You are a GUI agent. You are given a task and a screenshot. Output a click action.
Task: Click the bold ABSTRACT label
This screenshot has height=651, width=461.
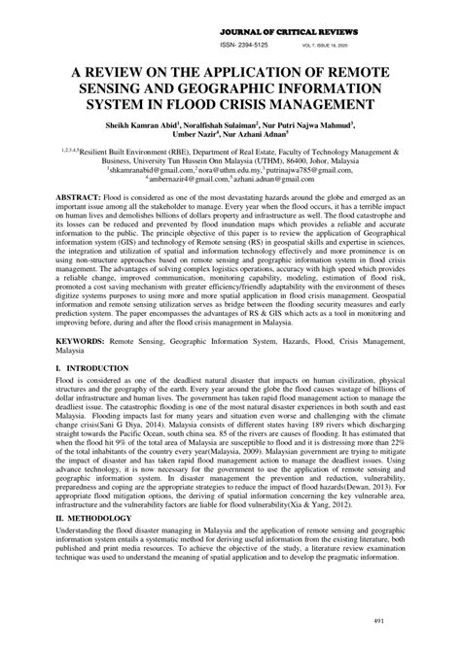(80, 196)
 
